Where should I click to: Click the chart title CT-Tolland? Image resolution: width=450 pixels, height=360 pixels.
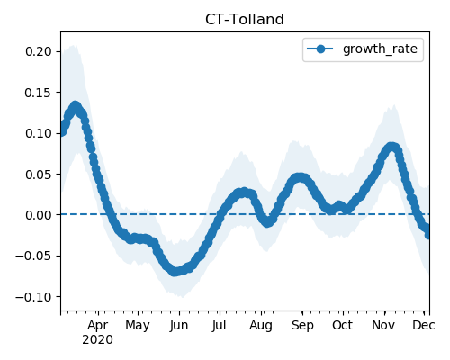(245, 20)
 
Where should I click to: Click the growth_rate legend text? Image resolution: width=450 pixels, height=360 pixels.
(380, 49)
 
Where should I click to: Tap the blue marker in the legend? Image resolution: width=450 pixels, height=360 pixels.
(320, 49)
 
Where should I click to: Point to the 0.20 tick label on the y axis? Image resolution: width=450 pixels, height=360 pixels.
(39, 51)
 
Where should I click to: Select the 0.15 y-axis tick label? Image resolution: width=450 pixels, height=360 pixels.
(39, 93)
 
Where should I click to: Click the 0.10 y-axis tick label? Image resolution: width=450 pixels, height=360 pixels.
(39, 133)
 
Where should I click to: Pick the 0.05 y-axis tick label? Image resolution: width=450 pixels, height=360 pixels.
(39, 175)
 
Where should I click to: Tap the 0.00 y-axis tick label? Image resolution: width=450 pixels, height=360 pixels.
(39, 215)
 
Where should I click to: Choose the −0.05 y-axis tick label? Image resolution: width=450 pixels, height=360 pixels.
(33, 256)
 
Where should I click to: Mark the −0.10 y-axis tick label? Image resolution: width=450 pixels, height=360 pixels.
(33, 297)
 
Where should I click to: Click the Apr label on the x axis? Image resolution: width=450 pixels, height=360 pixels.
(98, 326)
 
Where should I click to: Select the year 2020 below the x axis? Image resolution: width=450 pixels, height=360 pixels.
(98, 340)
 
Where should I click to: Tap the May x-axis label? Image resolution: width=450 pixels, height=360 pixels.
(138, 326)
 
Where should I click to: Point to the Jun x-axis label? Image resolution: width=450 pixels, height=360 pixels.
(179, 326)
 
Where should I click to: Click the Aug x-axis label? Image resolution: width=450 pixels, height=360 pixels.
(261, 326)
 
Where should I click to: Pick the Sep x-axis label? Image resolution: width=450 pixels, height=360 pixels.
(302, 326)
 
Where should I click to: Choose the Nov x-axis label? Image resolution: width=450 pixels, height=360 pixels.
(383, 326)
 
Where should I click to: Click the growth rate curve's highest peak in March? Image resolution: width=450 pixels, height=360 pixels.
(76, 106)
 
